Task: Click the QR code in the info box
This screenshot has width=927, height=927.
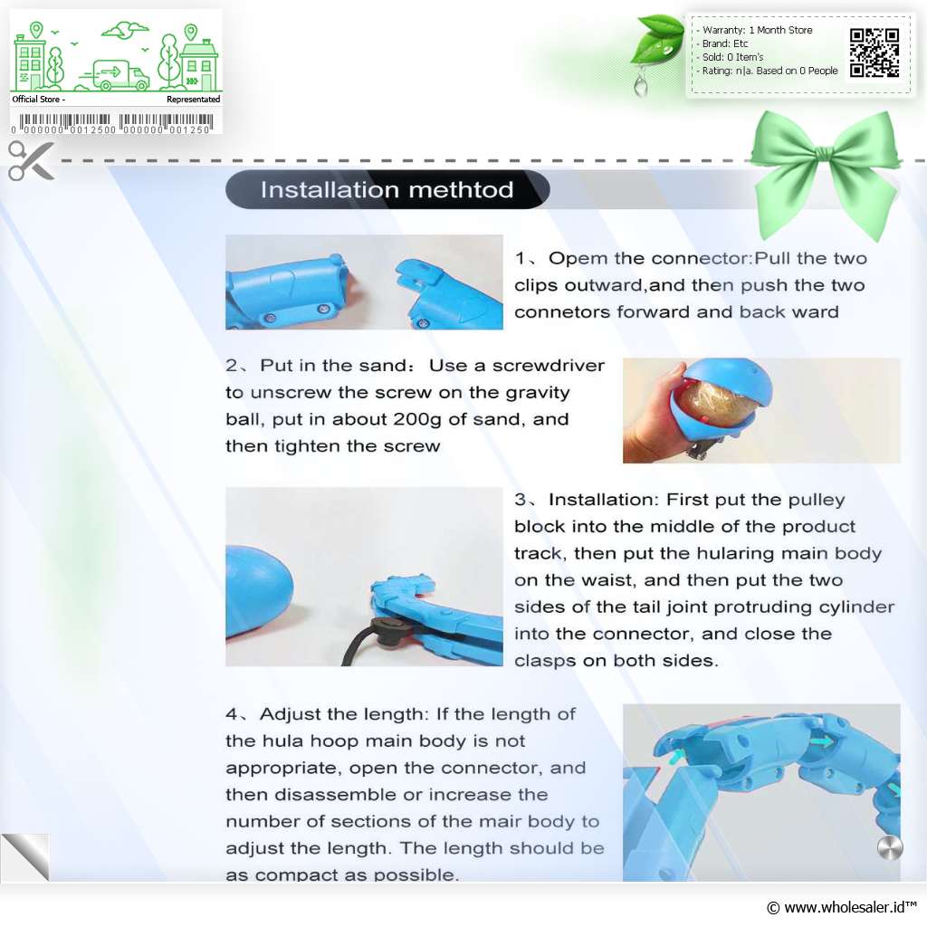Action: coord(874,53)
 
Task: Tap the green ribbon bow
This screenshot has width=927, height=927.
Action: coord(826,169)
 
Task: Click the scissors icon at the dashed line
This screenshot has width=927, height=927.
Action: coord(31,160)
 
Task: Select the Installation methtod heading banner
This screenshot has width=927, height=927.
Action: coord(387,190)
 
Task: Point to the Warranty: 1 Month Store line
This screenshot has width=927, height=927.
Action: coord(757,30)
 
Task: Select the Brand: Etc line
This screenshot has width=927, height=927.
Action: coord(725,43)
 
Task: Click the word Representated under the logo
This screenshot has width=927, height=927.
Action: coord(194,100)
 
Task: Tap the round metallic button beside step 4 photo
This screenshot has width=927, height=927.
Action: coord(890,847)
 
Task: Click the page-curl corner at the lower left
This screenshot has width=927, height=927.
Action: coord(25,856)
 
